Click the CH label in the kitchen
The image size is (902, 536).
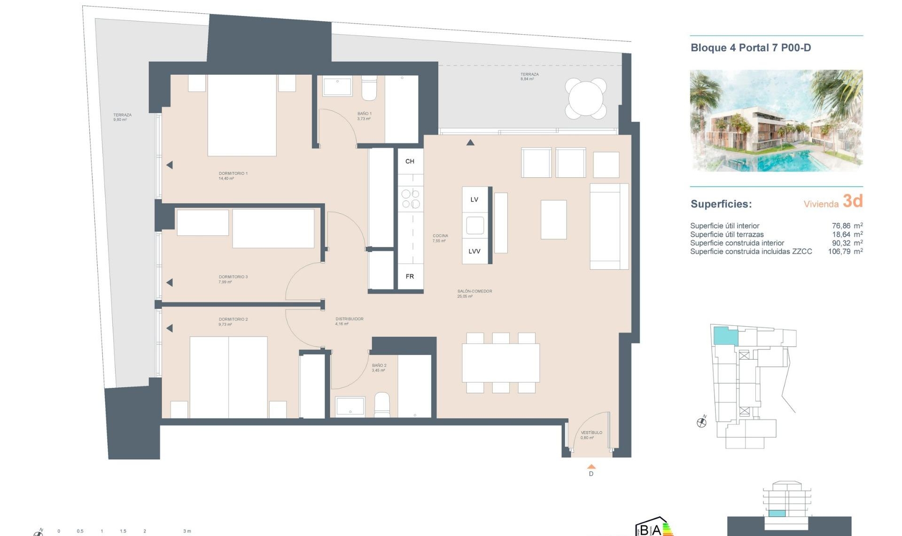[410, 161]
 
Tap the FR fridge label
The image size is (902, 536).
[410, 276]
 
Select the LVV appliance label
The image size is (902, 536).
[474, 251]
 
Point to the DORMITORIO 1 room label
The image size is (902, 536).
[233, 173]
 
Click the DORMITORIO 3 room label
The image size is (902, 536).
[233, 277]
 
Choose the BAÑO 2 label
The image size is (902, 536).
[379, 365]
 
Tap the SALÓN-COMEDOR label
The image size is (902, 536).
[474, 292]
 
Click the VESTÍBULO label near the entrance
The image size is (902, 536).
[591, 433]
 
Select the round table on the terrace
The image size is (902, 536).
[586, 99]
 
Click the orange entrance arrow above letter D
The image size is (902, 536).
[591, 466]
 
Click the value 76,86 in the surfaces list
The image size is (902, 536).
[841, 226]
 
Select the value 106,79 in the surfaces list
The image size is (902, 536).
[839, 252]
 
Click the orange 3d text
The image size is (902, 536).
[853, 201]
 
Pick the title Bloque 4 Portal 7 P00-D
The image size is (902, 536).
[751, 47]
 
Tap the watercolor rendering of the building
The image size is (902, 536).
[776, 120]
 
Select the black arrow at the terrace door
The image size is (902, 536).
[470, 142]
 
